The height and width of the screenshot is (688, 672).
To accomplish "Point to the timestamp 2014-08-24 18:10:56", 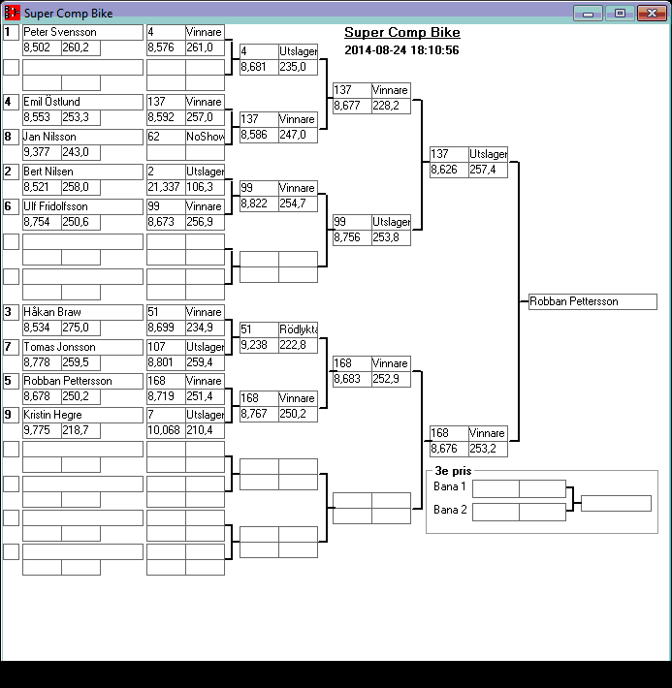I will coord(401,50).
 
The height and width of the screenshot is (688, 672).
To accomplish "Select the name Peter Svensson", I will coord(82,32).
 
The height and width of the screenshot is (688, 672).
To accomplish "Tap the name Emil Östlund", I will coord(82,102).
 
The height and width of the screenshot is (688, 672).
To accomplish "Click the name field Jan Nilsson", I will coord(82,137).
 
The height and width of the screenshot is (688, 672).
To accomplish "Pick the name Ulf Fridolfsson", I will coord(82,206).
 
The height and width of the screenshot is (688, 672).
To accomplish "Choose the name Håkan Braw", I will coord(82,312).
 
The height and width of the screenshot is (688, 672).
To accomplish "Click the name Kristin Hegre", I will coord(82,415).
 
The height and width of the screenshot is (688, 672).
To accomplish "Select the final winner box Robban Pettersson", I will coord(592,301).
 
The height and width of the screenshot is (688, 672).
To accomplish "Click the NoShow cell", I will coord(205,137).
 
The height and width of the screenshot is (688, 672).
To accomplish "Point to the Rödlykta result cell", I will coord(298,329).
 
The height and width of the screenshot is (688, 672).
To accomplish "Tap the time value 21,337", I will coord(165,187).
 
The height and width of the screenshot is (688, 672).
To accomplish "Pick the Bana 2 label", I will coord(450,510).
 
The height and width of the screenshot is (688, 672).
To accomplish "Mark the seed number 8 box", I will coord(11,137).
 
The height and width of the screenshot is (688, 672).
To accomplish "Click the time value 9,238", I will coord(258,345).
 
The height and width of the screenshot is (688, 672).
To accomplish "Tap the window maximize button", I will coord(620,13).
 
